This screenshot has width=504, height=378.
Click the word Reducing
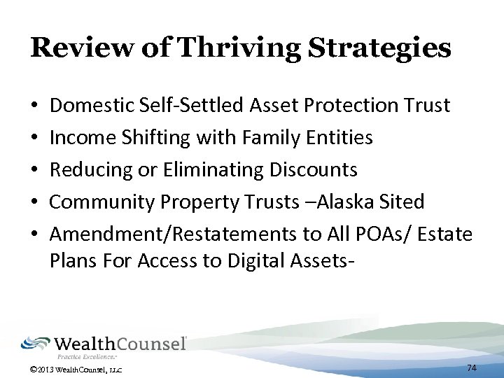[x=84, y=170]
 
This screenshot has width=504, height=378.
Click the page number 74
[x=471, y=367]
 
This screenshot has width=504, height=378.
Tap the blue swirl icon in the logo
[x=35, y=344]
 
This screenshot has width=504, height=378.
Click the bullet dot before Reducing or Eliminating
[x=35, y=170]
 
